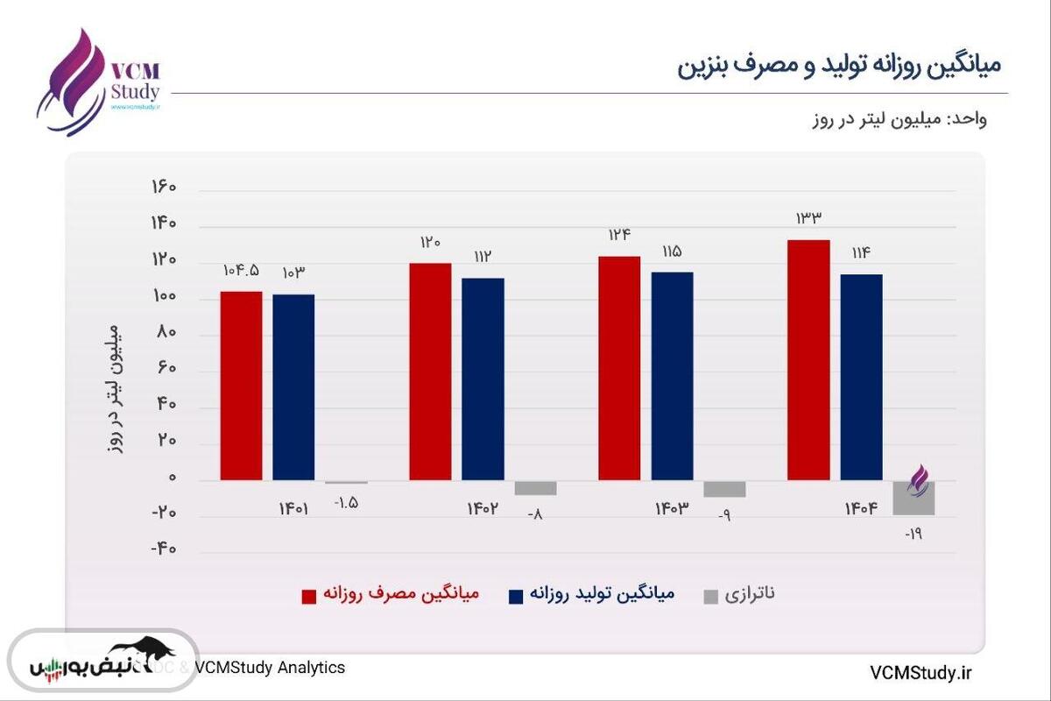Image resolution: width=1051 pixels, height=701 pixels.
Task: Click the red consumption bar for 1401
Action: tap(241, 386)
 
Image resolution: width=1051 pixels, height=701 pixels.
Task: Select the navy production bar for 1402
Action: tap(483, 379)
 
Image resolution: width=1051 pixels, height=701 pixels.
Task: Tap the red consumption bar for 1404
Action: tap(808, 359)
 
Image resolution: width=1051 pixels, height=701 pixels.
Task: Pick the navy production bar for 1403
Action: tap(672, 376)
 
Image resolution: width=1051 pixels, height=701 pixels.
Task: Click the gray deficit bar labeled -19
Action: tap(913, 499)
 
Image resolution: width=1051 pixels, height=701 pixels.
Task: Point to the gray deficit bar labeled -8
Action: tap(535, 488)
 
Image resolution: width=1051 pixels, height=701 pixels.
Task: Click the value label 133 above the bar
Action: tap(808, 218)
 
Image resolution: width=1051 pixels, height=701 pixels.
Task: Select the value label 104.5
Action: tap(241, 271)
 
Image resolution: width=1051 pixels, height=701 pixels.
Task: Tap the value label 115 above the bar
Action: tap(672, 251)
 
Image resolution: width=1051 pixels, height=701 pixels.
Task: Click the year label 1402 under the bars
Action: tap(483, 508)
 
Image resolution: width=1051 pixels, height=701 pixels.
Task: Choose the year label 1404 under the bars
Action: tap(861, 508)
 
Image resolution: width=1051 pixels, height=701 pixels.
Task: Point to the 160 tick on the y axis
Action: tap(164, 188)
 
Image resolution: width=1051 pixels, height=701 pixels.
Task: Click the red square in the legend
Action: tap(309, 597)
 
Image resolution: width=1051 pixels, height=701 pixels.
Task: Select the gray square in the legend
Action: tap(711, 597)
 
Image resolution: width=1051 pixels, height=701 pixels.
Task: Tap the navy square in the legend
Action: tap(516, 597)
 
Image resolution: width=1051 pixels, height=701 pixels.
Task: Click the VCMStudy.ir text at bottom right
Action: tap(921, 672)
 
